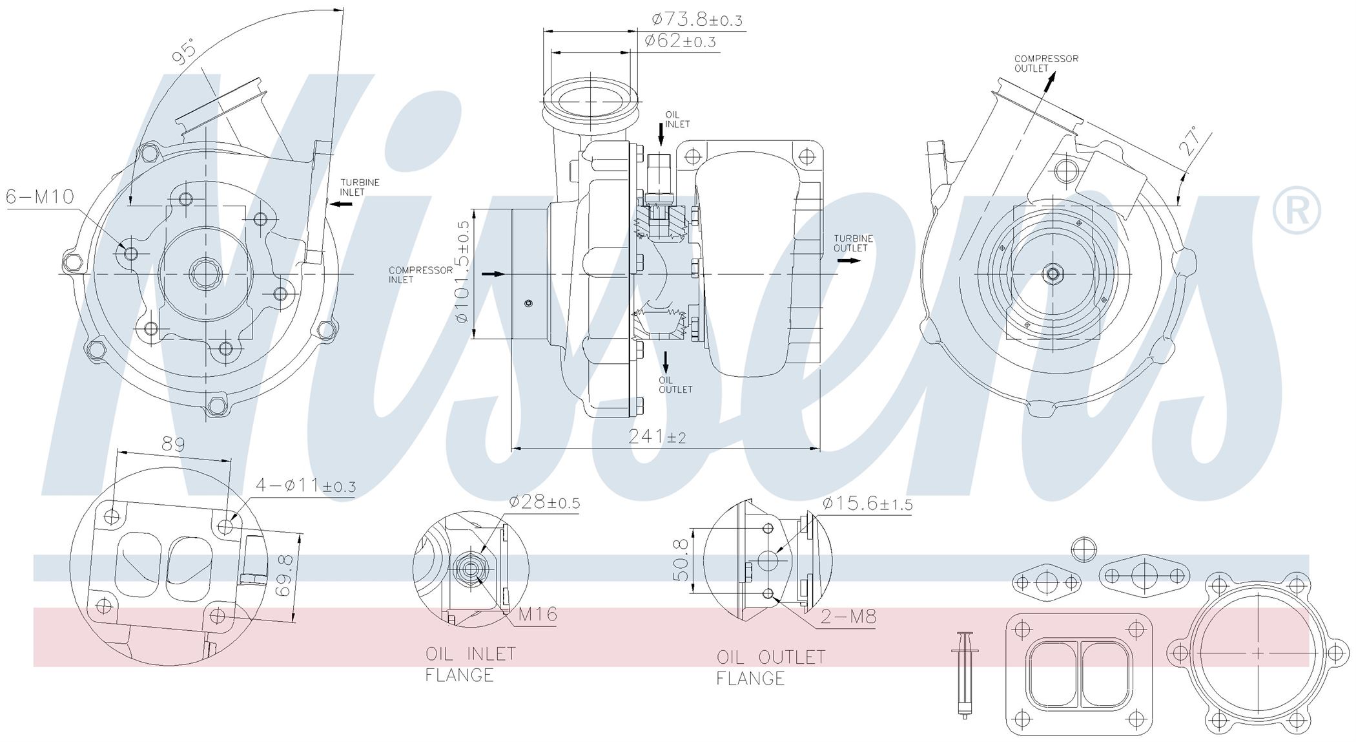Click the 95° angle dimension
coord(184,52)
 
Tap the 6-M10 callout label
coord(41,196)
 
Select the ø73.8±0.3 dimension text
coord(697,19)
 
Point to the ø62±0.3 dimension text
coord(681,41)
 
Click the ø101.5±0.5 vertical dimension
coord(462,271)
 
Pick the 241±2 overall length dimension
coord(657,436)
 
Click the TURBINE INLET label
coord(360,187)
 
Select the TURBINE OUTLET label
coord(853,243)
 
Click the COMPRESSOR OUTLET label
coord(1046,63)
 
